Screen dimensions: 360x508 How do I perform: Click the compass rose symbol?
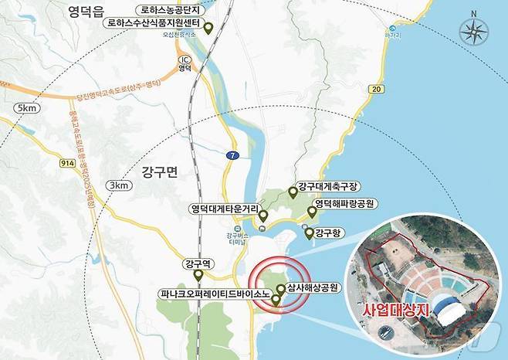[473, 32]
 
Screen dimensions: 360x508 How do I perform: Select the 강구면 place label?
[160, 172]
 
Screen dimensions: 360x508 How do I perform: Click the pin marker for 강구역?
[198, 275]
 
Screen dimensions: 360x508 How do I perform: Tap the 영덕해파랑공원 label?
[347, 204]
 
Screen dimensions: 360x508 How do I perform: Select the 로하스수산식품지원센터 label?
[158, 24]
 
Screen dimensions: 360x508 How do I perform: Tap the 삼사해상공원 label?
[314, 287]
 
